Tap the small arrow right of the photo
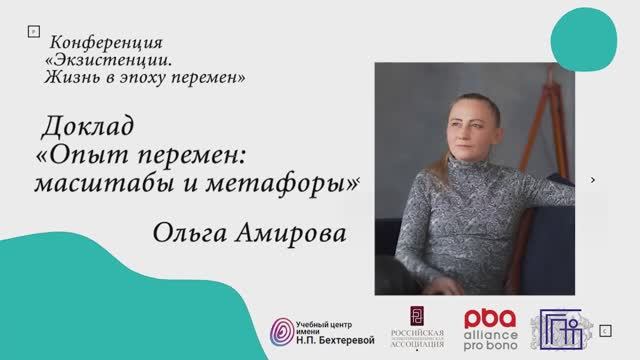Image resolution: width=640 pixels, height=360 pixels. click(594, 180)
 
